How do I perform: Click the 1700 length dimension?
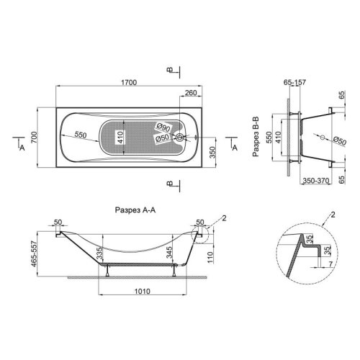[129, 83]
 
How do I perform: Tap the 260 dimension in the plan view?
[191, 93]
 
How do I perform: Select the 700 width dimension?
[34, 138]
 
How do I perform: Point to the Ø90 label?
[163, 127]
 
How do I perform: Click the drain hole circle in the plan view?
[180, 138]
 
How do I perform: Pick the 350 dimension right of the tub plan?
[212, 153]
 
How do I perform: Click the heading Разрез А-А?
[135, 210]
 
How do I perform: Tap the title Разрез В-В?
[256, 136]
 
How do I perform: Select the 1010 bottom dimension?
[143, 291]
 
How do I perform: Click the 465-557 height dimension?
[34, 254]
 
